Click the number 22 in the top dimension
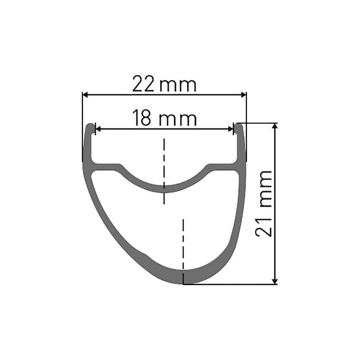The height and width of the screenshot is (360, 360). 143,84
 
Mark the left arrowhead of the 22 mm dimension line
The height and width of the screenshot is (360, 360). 85,95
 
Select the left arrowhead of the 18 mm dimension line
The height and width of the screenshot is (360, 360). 97,129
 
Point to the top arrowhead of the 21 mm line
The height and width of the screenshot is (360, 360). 275,126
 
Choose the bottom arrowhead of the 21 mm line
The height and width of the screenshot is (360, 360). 275,281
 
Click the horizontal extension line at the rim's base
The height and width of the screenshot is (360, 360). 230,284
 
